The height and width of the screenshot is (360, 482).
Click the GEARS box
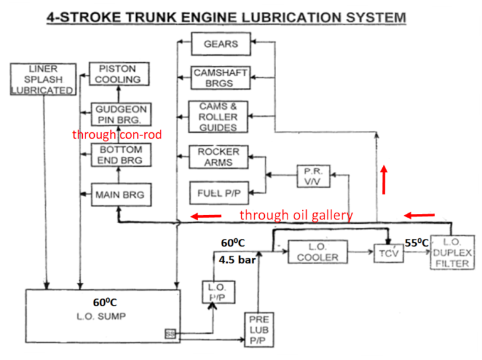[220, 45]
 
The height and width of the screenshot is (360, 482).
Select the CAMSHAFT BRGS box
[220, 78]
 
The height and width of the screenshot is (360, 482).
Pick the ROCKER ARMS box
[218, 157]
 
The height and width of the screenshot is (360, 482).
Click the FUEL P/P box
[218, 193]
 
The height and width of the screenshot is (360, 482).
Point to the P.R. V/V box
[313, 176]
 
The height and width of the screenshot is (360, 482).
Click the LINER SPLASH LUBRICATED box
[43, 79]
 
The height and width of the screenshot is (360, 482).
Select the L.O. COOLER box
[318, 252]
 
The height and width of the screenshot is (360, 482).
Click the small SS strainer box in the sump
[170, 334]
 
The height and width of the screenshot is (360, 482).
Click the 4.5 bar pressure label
[237, 259]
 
